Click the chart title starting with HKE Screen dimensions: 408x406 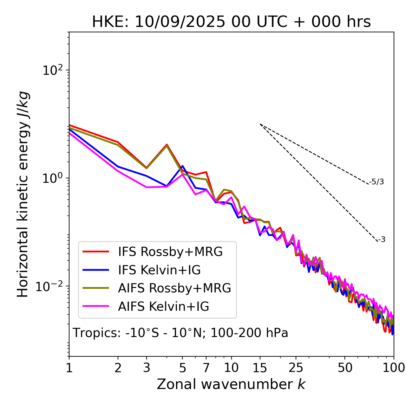click(231, 22)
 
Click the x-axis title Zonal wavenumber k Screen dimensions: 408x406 click(231, 384)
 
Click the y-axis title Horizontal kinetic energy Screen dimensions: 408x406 click(23, 194)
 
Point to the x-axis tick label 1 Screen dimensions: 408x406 click(69, 368)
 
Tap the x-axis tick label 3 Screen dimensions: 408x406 click(147, 368)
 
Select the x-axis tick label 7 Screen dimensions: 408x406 click(206, 368)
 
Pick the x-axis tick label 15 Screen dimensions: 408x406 click(260, 368)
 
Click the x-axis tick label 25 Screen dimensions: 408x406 click(296, 368)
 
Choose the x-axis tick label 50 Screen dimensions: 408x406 click(345, 368)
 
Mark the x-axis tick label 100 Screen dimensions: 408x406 click(394, 368)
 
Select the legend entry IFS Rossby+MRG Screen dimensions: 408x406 click(170, 252)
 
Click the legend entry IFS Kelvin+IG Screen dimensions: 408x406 click(159, 270)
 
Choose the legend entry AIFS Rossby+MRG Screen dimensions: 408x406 click(174, 288)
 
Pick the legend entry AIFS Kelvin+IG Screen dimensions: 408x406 click(164, 307)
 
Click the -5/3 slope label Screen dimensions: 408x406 click(377, 182)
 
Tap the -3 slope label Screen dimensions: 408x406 click(382, 240)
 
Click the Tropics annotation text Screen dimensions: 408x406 click(180, 333)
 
